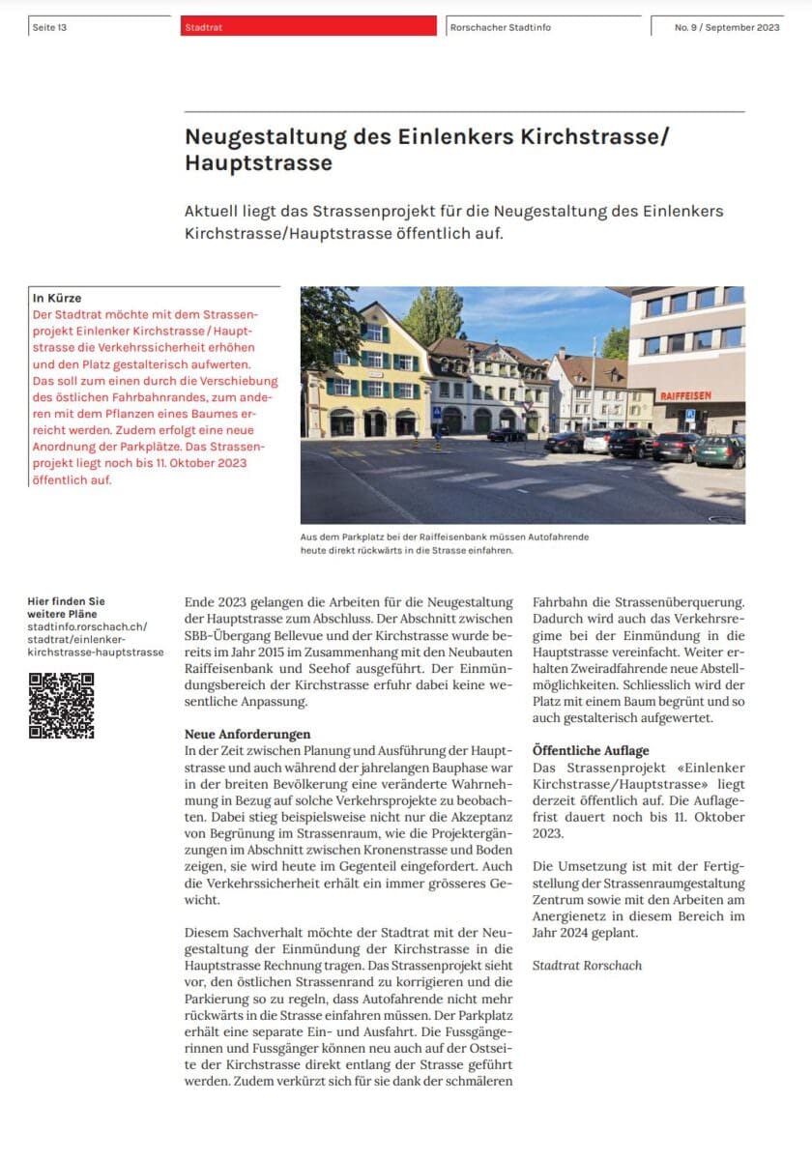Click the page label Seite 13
pyautogui.click(x=49, y=28)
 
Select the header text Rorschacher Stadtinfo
pyautogui.click(x=500, y=28)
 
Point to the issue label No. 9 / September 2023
pyautogui.click(x=727, y=28)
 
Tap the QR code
pyautogui.click(x=61, y=706)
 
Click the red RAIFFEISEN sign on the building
pyautogui.click(x=685, y=395)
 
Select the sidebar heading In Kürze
pyautogui.click(x=57, y=299)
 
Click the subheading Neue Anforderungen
pyautogui.click(x=247, y=735)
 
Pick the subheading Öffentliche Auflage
pyautogui.click(x=591, y=750)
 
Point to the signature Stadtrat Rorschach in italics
pyautogui.click(x=587, y=965)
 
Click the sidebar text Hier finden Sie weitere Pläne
pyautogui.click(x=67, y=608)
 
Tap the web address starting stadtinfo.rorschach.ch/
pyautogui.click(x=87, y=627)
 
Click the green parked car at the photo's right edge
pyautogui.click(x=721, y=450)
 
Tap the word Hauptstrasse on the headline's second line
pyautogui.click(x=258, y=163)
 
